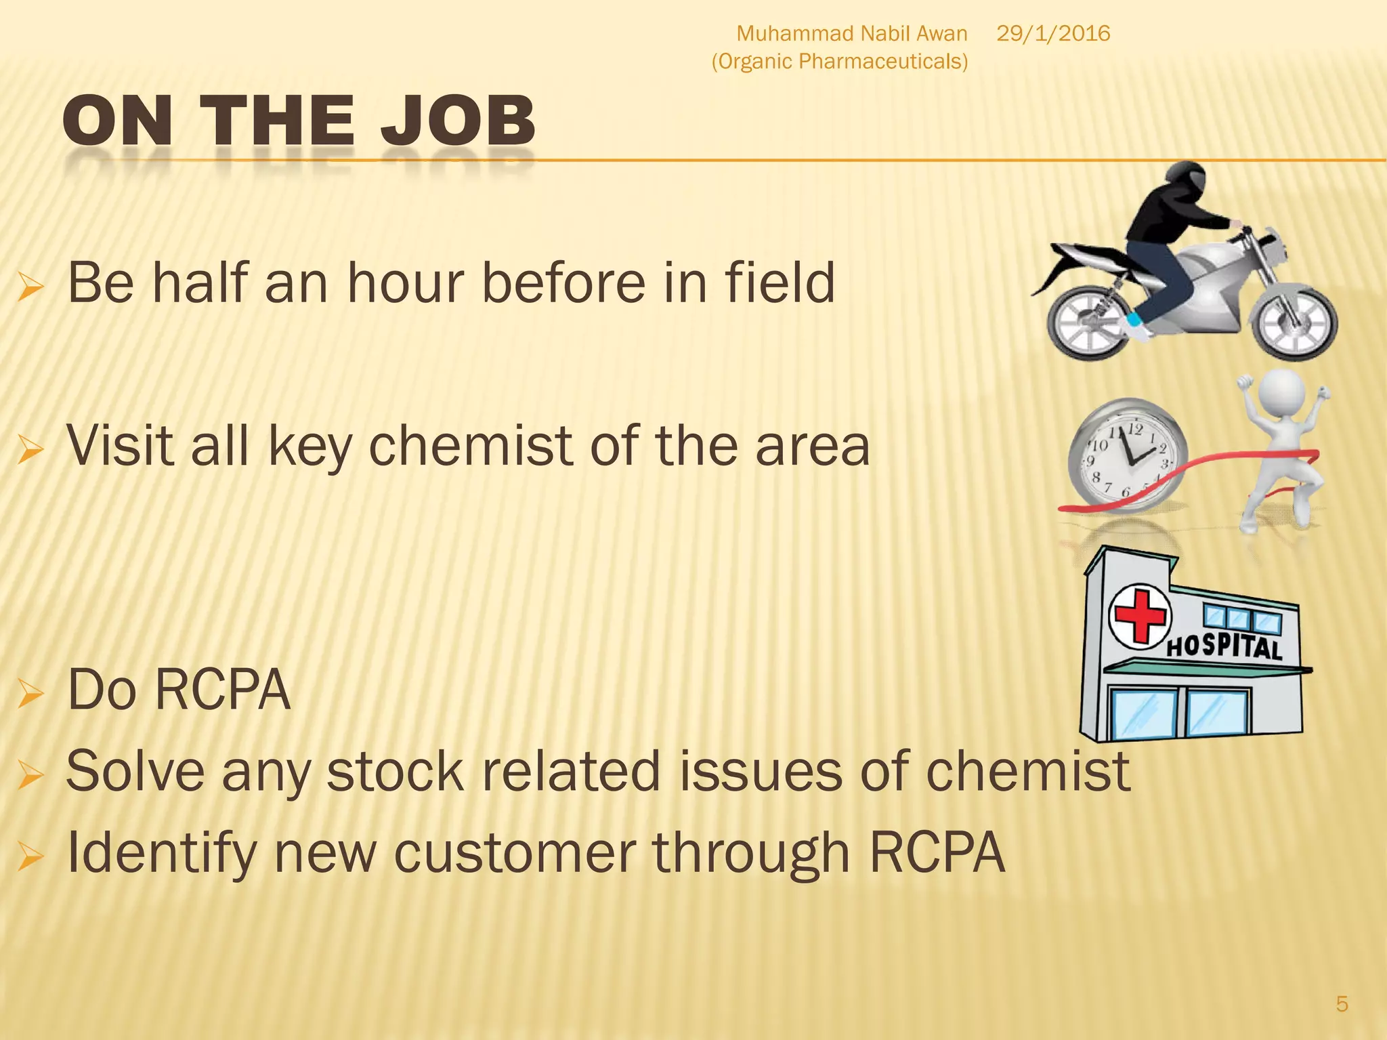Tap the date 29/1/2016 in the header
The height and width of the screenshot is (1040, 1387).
point(1053,33)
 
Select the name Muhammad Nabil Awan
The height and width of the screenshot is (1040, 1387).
point(851,33)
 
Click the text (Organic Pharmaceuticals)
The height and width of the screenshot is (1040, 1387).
point(839,62)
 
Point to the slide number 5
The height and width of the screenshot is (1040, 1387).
point(1342,1003)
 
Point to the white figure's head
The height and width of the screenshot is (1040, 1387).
point(1280,391)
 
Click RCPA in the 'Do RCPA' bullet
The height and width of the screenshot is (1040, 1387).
point(223,690)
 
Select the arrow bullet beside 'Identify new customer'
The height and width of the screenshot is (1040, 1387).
point(30,856)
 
